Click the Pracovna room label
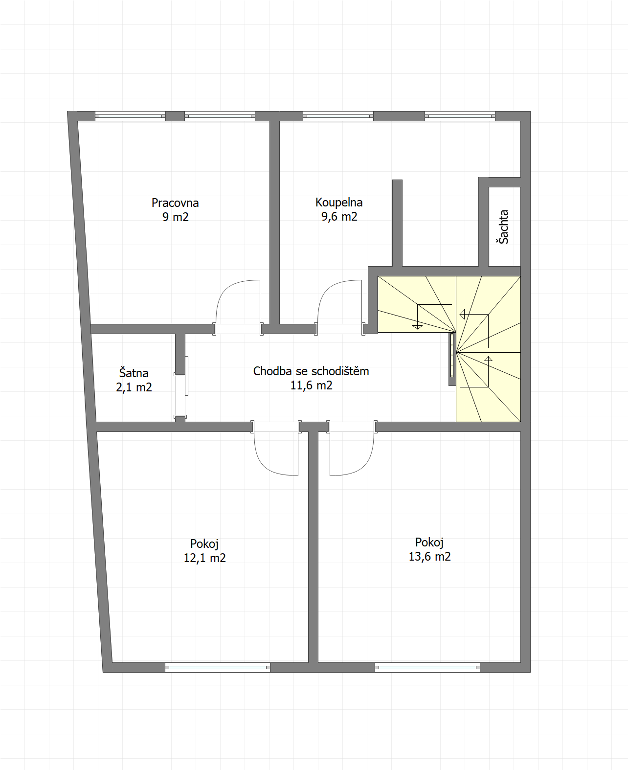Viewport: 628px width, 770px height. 175,203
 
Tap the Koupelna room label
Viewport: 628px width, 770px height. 339,203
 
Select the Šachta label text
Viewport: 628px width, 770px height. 503,226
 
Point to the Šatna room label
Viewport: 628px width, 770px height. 134,373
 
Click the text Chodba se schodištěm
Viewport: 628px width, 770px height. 311,371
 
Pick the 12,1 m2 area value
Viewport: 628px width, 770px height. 205,558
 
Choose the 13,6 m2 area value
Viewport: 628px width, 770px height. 430,556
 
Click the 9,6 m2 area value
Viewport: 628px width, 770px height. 339,217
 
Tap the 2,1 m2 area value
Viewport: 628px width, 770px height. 134,387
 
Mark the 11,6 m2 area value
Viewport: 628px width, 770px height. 312,385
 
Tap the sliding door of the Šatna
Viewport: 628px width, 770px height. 186,376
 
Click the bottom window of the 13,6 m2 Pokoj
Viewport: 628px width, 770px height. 427,667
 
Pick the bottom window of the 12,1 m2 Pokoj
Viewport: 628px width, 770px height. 218,667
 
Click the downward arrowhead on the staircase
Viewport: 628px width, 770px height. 417,326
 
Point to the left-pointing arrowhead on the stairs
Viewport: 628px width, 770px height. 462,315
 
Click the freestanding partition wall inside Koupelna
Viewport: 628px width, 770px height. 397,223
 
